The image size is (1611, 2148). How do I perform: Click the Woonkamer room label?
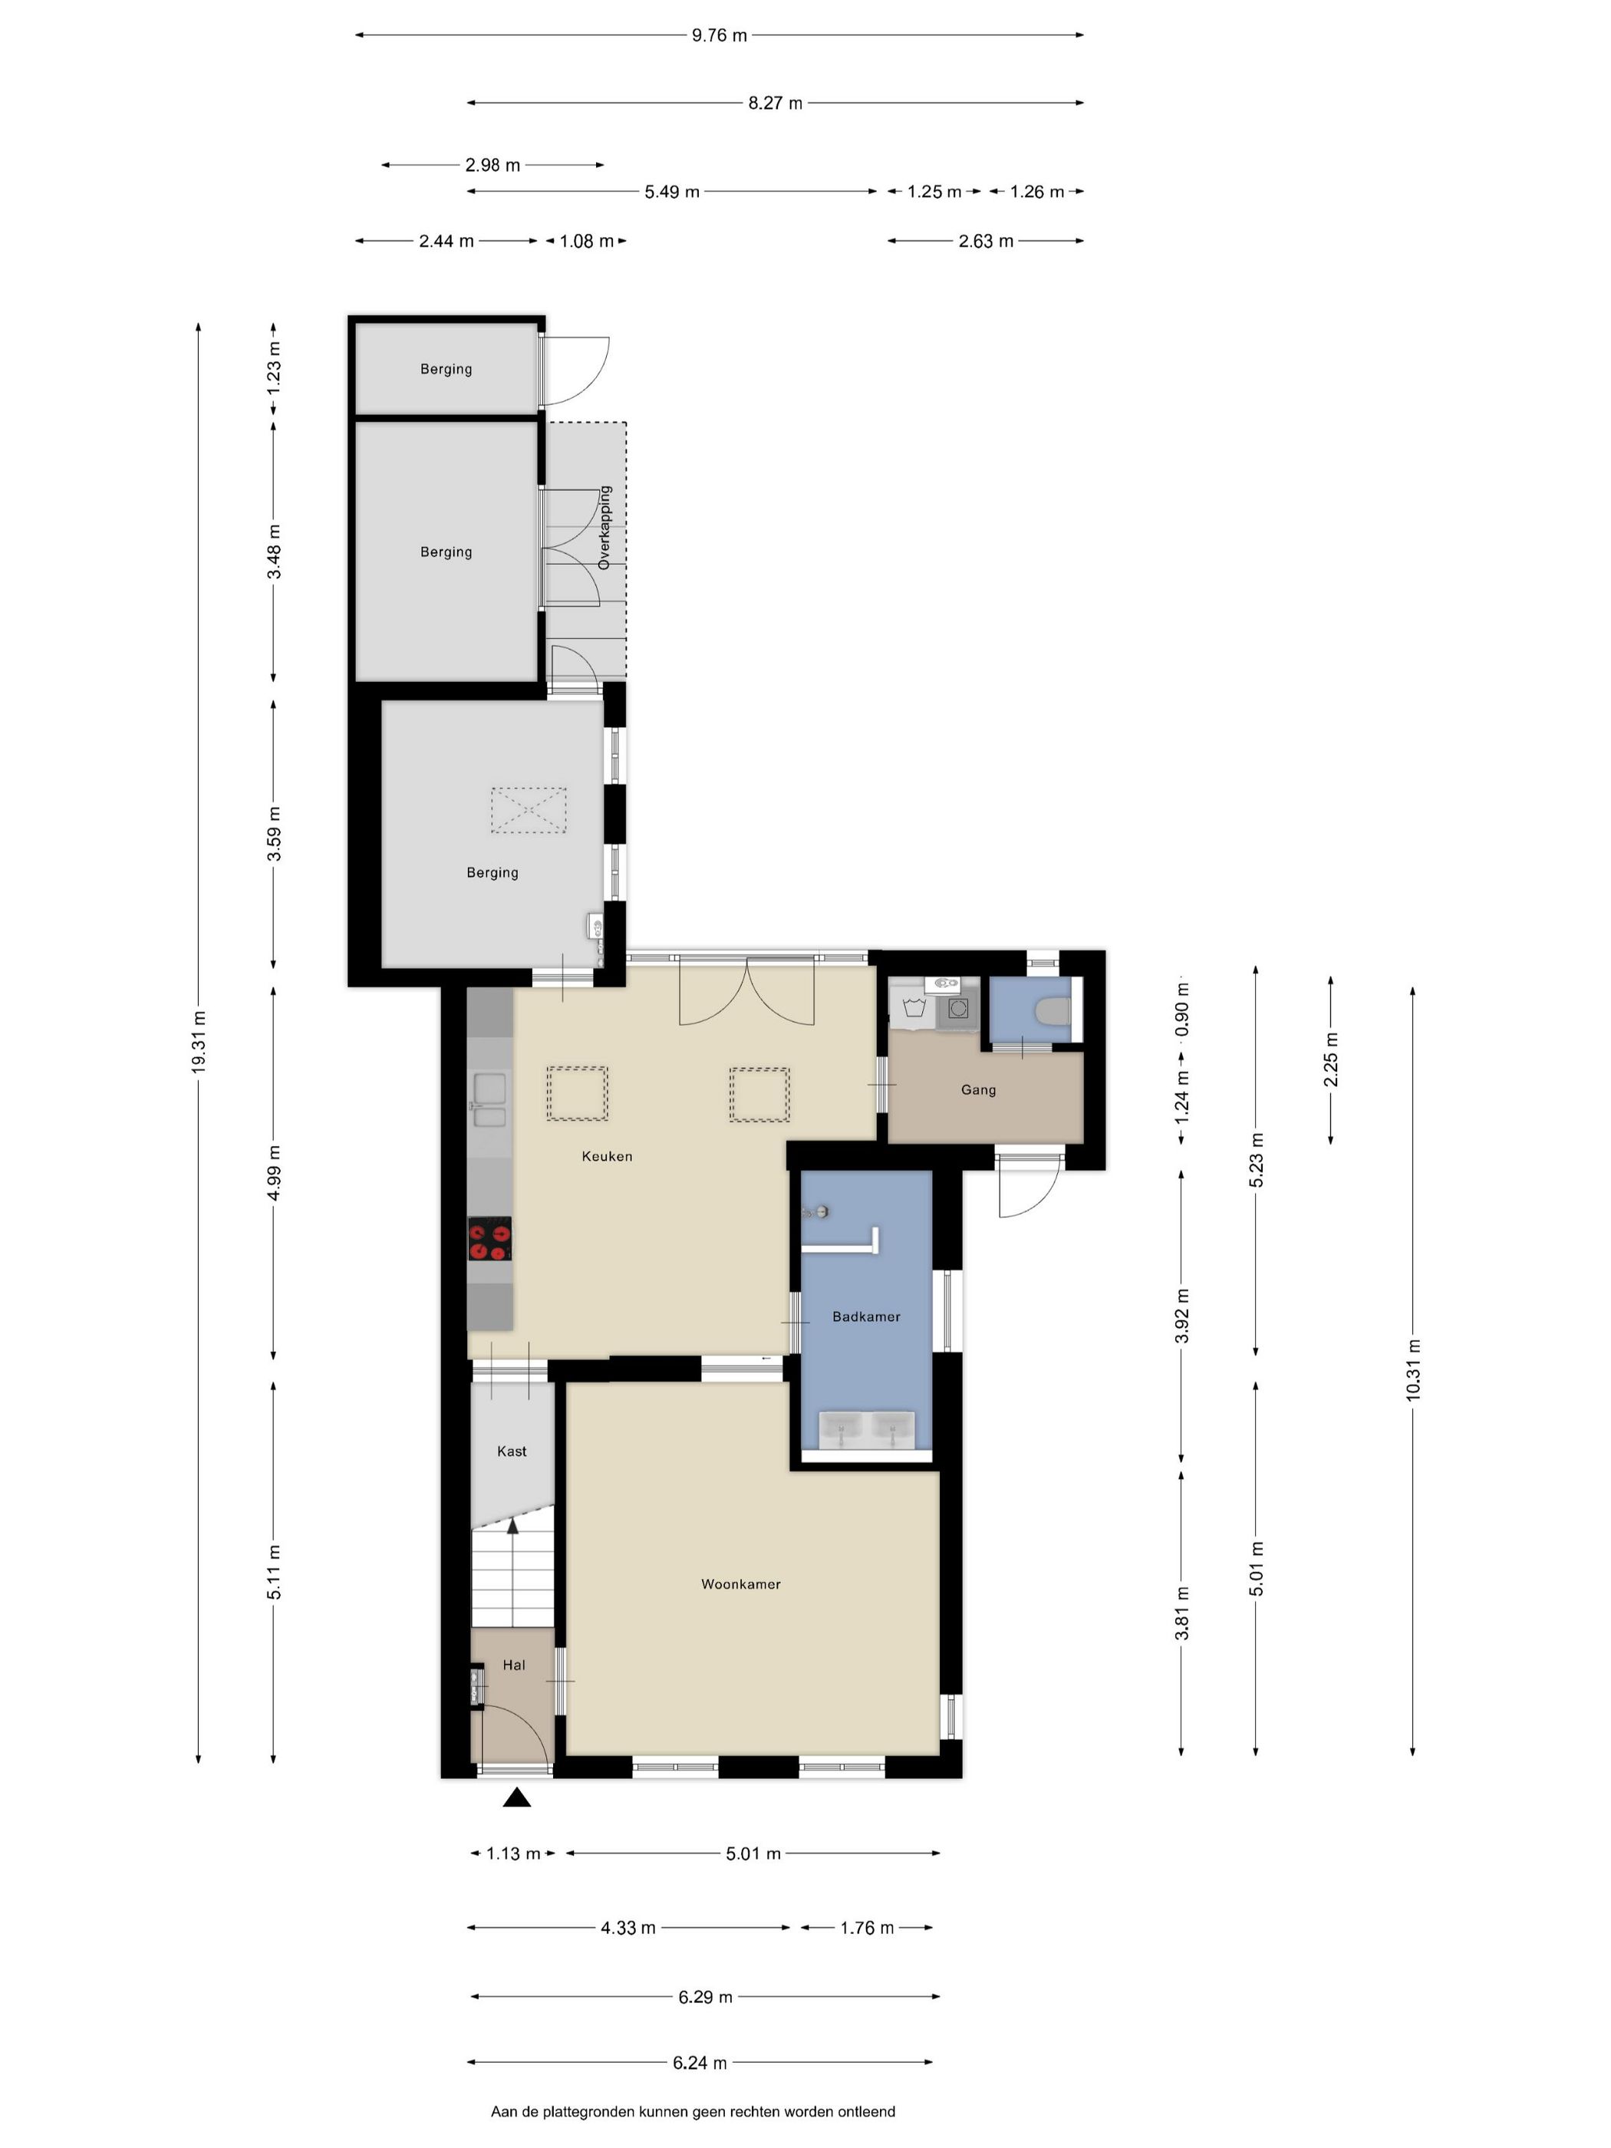[741, 1584]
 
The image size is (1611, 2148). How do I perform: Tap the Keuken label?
[607, 1155]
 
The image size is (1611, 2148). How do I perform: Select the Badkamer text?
[866, 1316]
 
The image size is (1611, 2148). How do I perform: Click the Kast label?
[512, 1451]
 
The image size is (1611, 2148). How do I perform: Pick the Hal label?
[514, 1665]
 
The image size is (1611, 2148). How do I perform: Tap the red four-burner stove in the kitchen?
[489, 1239]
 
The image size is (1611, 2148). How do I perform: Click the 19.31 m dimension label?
[199, 1042]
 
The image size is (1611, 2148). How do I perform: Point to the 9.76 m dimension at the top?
[720, 36]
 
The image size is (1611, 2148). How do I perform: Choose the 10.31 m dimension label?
[1413, 1369]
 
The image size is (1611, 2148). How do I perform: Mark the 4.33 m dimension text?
[628, 1928]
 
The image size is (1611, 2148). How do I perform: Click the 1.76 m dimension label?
[867, 1928]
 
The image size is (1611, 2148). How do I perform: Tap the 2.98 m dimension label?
[493, 165]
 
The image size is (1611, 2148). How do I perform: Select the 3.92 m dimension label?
[1182, 1316]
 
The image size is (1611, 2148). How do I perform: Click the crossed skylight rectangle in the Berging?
[529, 810]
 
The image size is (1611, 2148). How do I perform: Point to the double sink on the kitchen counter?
[489, 1099]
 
